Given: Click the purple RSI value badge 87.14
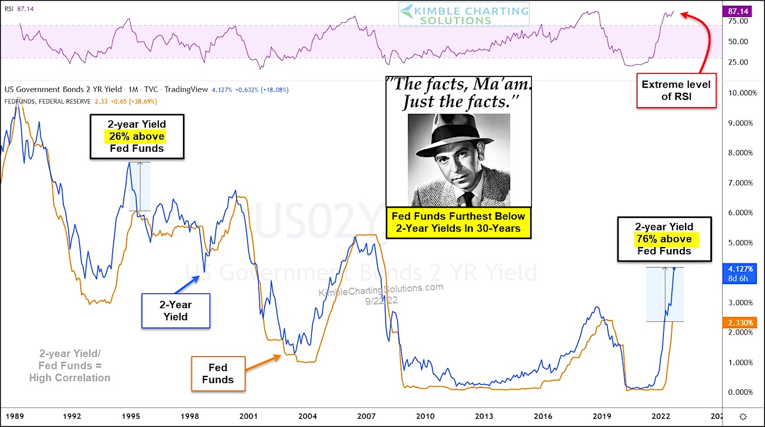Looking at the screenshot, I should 738,11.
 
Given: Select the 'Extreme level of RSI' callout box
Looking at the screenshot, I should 676,91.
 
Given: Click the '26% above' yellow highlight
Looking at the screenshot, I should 136,136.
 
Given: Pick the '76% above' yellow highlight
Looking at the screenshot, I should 664,239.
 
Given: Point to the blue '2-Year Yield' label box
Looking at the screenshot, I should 176,311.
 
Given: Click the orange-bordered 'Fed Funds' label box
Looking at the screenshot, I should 218,373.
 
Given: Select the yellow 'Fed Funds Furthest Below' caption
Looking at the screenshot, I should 458,222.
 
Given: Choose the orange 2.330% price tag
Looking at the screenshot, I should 738,322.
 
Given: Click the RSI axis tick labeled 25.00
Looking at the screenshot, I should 737,62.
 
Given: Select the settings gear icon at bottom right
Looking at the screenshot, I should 743,415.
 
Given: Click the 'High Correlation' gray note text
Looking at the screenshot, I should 69,378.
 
